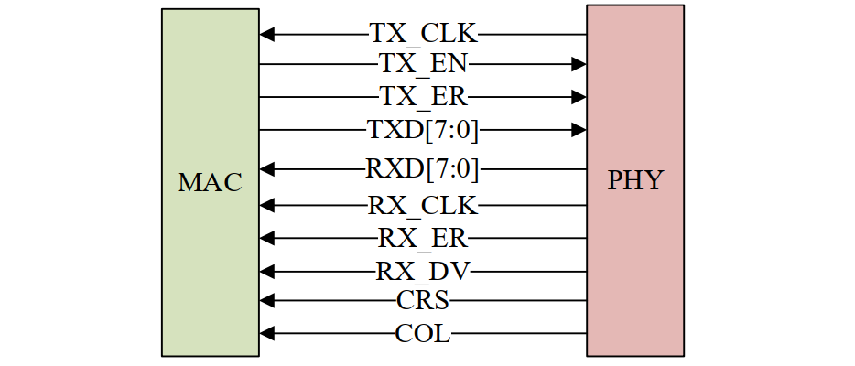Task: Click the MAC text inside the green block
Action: coord(210,182)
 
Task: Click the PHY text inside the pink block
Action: coord(634,180)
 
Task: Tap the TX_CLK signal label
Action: coord(423,35)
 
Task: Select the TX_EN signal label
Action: coord(423,64)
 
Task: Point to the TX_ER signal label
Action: coord(423,96)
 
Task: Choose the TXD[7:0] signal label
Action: coord(423,130)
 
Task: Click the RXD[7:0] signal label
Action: coord(423,169)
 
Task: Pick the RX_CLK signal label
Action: coord(423,205)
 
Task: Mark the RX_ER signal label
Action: coord(423,238)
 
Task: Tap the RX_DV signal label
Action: coord(423,271)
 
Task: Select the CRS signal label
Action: coord(423,300)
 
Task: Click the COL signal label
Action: coord(423,334)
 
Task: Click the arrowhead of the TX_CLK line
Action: coord(266,35)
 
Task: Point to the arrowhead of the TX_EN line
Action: coord(579,64)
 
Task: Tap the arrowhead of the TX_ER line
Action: coord(579,96)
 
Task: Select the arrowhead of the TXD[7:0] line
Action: coord(579,130)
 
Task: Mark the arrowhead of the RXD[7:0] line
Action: coord(266,169)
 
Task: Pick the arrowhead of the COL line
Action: coord(266,334)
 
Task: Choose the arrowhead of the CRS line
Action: coord(266,300)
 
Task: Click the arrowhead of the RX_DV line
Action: coord(266,271)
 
